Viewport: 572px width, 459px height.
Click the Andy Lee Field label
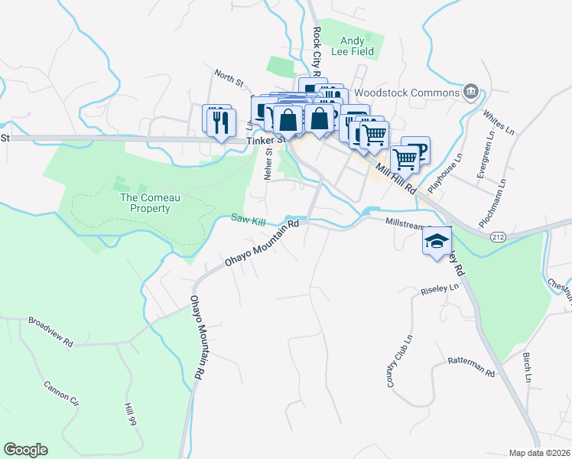(357, 45)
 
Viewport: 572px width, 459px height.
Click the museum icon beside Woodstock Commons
(471, 93)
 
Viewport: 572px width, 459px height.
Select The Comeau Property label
(145, 203)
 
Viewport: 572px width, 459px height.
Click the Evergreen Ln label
(484, 158)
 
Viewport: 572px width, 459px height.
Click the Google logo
(25, 450)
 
